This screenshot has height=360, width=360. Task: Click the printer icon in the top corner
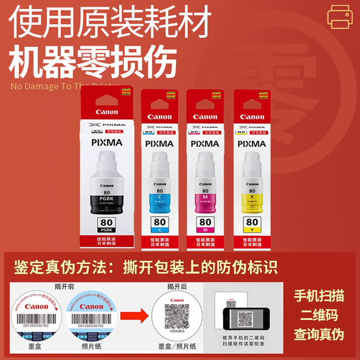(x=341, y=16)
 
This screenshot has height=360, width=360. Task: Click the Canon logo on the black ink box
(x=107, y=112)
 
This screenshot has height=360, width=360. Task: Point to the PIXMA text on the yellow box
(x=251, y=143)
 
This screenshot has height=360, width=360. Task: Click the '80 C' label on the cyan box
(x=160, y=224)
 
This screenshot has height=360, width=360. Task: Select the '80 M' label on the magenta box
(x=205, y=224)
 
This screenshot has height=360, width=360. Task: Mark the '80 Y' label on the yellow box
(x=251, y=224)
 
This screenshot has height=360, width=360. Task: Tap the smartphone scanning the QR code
(x=245, y=320)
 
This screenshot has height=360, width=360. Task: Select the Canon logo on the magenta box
(x=205, y=117)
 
